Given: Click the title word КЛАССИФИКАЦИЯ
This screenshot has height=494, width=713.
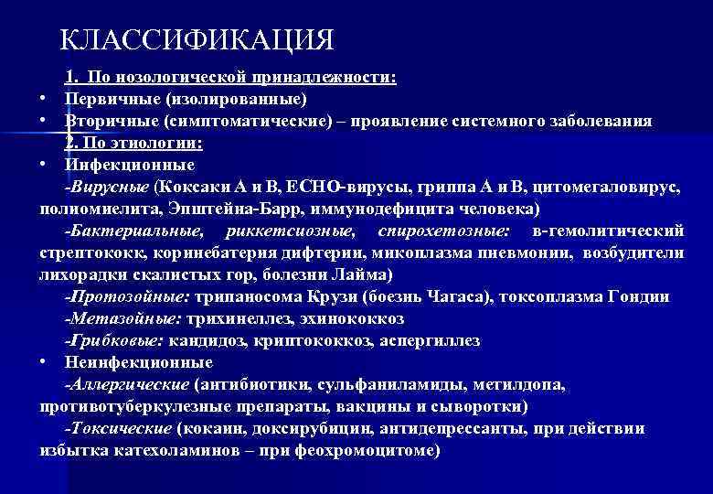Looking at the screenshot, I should pos(197,40).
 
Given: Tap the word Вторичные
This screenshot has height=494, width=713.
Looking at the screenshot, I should pos(111,121).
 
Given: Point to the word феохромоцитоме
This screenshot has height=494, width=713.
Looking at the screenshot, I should pos(375,450).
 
